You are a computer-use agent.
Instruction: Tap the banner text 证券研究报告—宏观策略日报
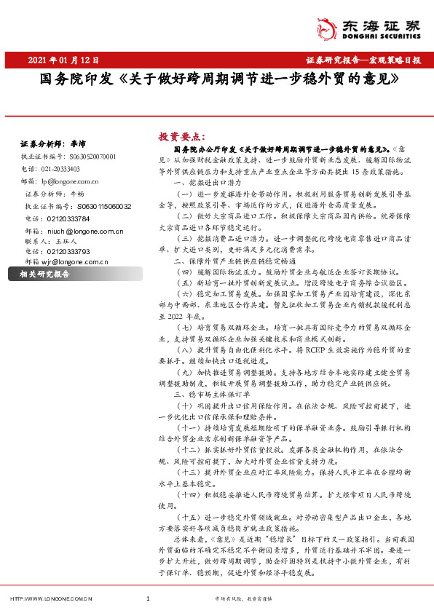tap(363, 60)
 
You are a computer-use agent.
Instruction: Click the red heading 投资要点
tap(182, 136)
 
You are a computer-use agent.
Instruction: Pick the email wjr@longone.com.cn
tap(71, 261)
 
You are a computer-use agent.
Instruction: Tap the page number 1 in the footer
tap(148, 599)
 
